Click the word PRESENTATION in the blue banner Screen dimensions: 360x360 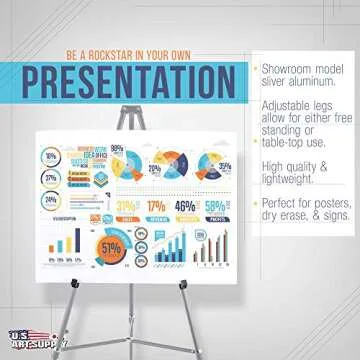click(x=131, y=81)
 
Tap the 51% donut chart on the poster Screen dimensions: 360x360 click(x=109, y=245)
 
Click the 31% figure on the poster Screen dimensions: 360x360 click(x=127, y=207)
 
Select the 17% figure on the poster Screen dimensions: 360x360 click(x=156, y=207)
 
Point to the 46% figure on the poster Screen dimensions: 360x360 click(x=185, y=207)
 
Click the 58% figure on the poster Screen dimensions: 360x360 click(x=215, y=207)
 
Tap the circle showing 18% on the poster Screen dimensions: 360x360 click(x=50, y=156)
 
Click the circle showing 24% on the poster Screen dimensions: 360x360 click(x=50, y=199)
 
